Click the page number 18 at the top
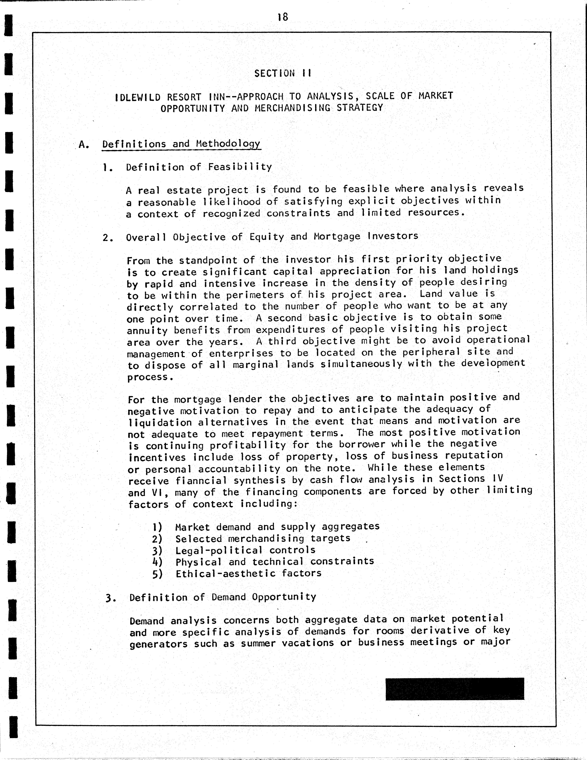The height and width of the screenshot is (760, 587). tap(283, 17)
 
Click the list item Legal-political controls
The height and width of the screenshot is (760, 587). tap(245, 550)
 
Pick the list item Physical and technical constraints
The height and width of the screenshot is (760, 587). tap(275, 562)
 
